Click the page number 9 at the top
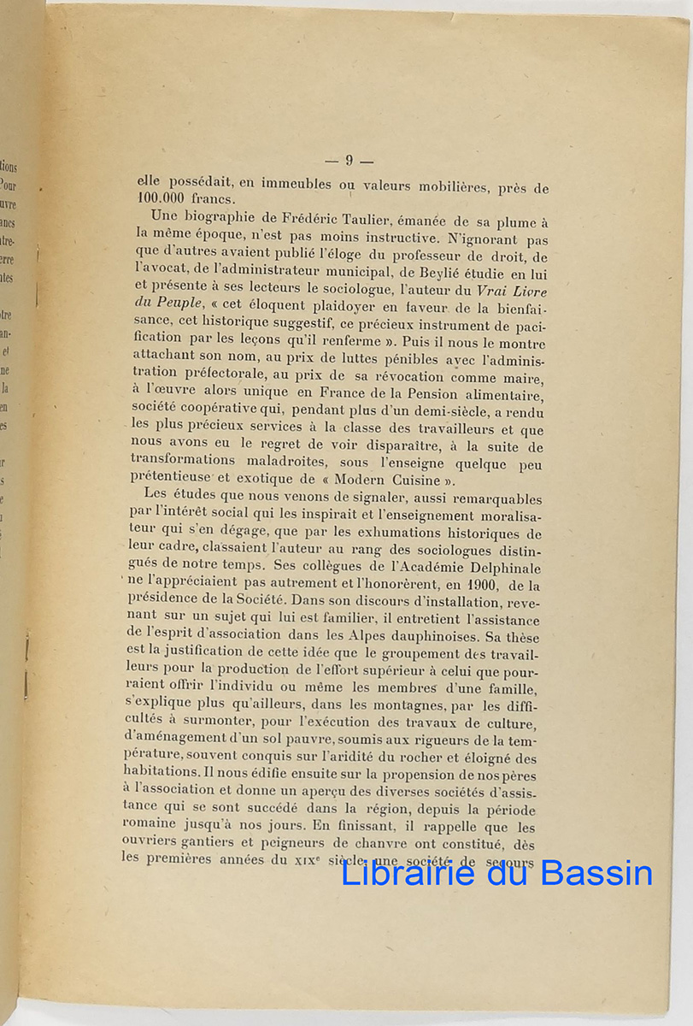(349, 160)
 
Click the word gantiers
(209, 846)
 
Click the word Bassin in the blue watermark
(594, 873)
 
